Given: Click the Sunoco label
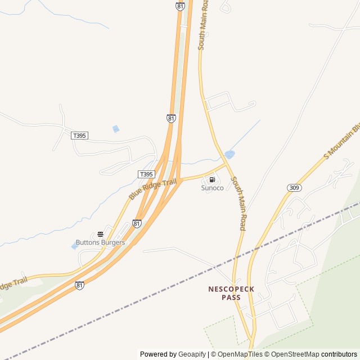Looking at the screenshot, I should [212, 188].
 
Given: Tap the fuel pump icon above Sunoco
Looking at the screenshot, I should [212, 179].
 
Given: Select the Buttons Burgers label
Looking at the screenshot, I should [100, 242].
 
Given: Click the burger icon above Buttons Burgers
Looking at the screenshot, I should [100, 234].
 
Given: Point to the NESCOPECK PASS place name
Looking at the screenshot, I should [231, 293].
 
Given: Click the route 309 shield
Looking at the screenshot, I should [294, 187].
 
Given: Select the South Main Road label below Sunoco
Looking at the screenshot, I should [238, 203].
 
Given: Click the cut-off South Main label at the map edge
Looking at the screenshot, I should [203, 25].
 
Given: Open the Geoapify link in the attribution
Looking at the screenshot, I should [192, 354].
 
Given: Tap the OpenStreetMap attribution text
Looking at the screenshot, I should [295, 354].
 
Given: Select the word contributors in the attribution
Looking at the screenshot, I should [339, 354].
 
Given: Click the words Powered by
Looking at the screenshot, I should [158, 354].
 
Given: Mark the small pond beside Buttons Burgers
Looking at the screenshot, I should [74, 246].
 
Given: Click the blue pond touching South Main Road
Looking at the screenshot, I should [229, 154].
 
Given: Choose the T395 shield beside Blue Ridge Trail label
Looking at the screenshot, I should [146, 174].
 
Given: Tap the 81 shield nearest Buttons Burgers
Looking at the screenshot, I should [137, 223].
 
